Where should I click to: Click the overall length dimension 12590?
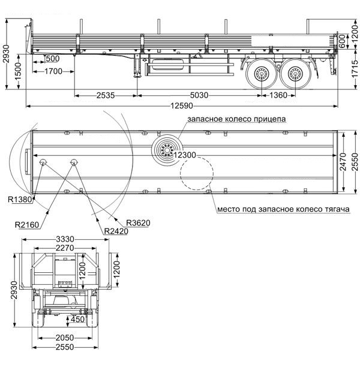[182, 106]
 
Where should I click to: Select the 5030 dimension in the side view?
[199, 95]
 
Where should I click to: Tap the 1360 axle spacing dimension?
[278, 95]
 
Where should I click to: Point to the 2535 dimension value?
[106, 95]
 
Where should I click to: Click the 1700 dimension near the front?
[53, 71]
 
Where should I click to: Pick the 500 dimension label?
[52, 59]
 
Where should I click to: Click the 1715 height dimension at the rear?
[355, 69]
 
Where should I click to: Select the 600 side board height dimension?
[342, 41]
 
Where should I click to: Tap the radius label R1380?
[20, 200]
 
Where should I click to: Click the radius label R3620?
[138, 222]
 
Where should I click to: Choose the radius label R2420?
[116, 231]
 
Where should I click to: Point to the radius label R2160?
[26, 225]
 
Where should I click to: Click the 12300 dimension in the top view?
[185, 155]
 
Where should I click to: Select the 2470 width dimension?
[343, 162]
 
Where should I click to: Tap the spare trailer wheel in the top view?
[167, 151]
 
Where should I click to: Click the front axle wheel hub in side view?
[262, 74]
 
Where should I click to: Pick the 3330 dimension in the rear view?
[65, 239]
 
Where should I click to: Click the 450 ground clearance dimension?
[77, 319]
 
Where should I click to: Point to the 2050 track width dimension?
[65, 338]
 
